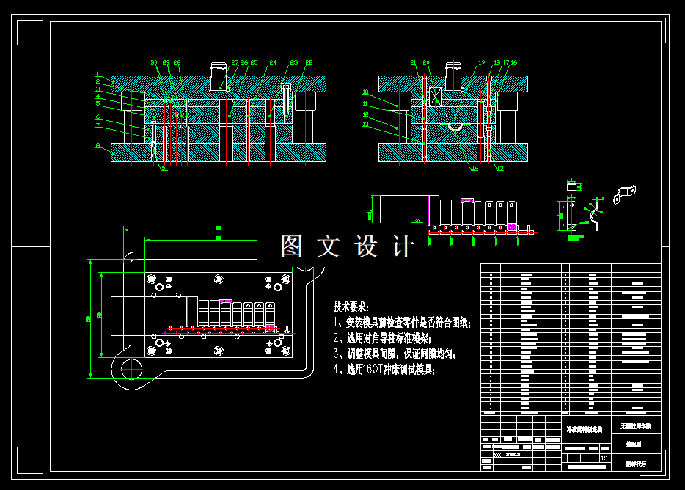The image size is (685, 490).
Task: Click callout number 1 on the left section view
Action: coord(97,75)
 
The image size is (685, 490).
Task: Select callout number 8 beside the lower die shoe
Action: coord(97,145)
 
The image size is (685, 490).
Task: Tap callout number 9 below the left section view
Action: coord(163,168)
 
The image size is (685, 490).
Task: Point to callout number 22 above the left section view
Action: coord(309,63)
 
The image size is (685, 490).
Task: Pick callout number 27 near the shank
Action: coord(235,63)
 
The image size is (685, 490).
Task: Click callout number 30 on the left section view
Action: coord(154,63)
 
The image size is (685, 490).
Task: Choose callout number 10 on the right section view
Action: coord(365,92)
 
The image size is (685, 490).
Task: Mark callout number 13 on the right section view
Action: coord(365,124)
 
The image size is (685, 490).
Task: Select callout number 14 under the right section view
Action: coord(475,168)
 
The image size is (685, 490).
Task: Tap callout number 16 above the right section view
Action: coord(513,63)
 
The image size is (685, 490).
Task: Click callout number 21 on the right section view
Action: coord(413,63)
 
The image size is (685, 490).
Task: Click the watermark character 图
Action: coord(291,246)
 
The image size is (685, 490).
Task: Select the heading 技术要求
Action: coord(351,307)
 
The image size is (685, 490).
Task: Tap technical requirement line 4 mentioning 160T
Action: coord(384,370)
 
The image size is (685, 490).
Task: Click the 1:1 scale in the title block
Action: coord(604,458)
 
